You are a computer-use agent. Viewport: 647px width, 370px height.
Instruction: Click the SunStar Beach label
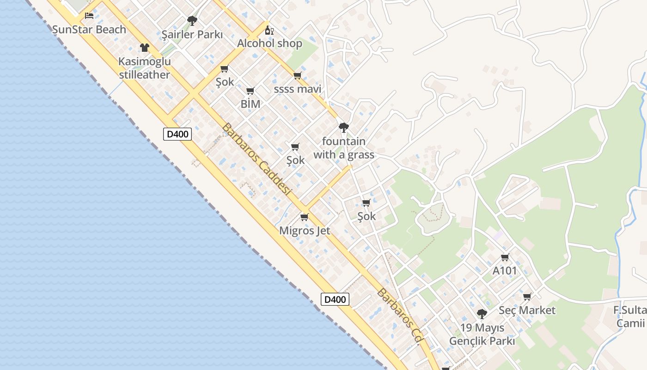click(x=89, y=30)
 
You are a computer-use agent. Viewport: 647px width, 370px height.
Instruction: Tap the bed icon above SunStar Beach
click(x=89, y=16)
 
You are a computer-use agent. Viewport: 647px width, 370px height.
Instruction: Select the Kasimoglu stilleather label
click(x=144, y=68)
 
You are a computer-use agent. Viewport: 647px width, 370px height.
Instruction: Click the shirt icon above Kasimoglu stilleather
click(x=145, y=48)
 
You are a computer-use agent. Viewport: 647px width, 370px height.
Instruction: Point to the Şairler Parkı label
click(x=192, y=35)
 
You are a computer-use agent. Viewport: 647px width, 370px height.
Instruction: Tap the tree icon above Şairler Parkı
click(x=192, y=21)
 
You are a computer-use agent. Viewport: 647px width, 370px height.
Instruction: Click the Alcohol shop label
click(x=269, y=43)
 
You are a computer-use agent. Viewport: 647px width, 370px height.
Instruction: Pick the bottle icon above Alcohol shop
click(x=269, y=31)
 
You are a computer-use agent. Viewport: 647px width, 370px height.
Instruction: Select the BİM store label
click(x=250, y=104)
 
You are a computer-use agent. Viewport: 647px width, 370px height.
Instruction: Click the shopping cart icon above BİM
click(x=250, y=91)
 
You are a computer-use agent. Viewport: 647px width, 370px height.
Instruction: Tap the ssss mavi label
click(x=297, y=89)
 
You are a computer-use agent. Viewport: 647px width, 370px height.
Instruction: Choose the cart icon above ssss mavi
click(x=297, y=75)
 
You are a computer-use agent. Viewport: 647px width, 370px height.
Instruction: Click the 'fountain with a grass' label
click(x=344, y=148)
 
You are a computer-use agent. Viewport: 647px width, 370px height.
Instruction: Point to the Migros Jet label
click(x=305, y=230)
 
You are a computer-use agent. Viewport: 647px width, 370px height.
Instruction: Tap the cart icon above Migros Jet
click(x=304, y=217)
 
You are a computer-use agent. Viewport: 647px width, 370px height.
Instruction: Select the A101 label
click(x=505, y=271)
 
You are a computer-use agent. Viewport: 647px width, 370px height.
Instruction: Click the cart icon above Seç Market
click(x=527, y=296)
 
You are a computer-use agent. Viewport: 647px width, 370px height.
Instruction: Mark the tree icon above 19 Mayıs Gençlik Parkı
click(x=482, y=314)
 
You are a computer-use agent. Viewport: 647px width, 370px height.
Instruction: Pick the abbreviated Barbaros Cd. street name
click(x=401, y=316)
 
